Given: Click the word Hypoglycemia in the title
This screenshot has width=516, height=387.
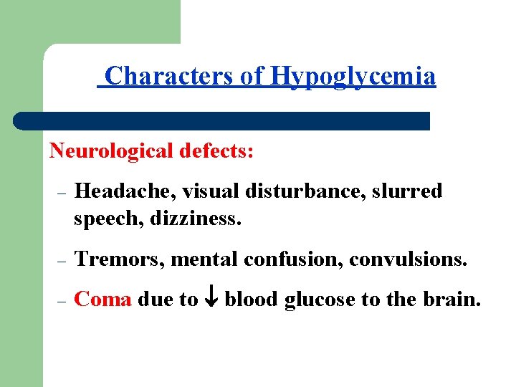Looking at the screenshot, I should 353,77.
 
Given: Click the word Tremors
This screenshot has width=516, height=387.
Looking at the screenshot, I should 120,259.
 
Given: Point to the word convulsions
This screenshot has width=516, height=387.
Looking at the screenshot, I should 408,259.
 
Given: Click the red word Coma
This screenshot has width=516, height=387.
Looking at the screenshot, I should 102,299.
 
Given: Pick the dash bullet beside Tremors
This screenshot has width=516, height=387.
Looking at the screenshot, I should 61,262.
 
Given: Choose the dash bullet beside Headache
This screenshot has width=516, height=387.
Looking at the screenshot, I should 61,193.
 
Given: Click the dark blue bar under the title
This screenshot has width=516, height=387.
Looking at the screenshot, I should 222,120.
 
